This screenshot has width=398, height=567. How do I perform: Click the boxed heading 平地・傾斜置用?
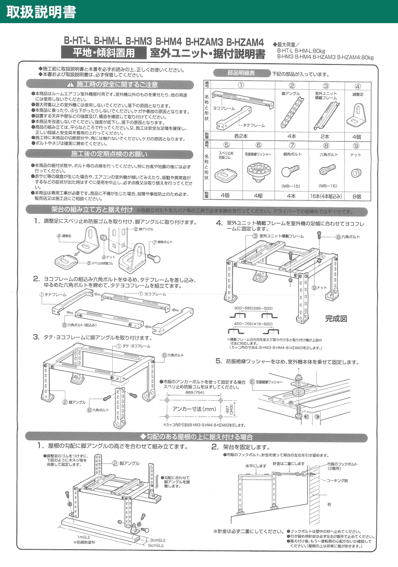click(103, 52)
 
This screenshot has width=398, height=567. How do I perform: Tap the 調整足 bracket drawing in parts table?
click(357, 115)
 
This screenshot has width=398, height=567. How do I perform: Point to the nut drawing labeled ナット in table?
click(355, 173)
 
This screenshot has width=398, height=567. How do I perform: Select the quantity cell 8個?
click(357, 196)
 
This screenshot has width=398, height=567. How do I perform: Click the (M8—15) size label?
click(291, 186)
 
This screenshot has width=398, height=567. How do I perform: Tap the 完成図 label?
click(336, 319)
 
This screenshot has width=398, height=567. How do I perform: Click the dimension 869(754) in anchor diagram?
click(195, 392)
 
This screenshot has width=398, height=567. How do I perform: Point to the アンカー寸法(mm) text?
click(194, 409)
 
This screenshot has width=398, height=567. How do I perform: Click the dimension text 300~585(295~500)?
click(253, 308)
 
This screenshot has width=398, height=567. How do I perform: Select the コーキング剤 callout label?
click(338, 480)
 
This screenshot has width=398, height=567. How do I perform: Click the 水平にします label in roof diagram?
click(256, 466)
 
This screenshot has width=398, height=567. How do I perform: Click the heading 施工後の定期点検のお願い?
click(109, 154)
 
